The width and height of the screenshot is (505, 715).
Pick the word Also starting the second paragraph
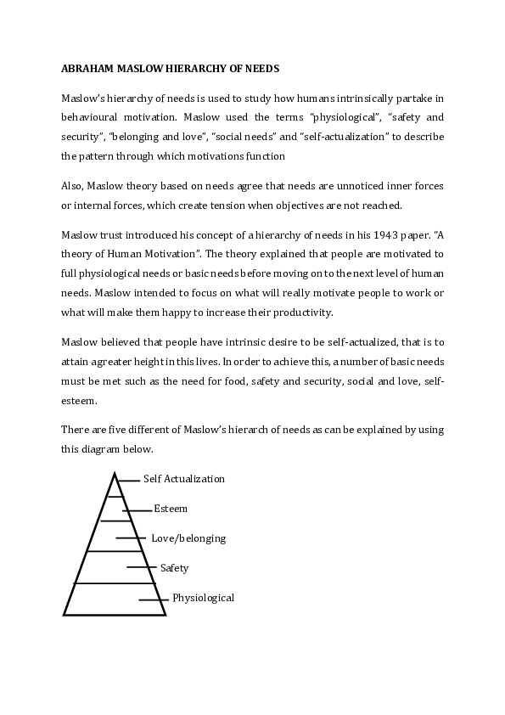72,185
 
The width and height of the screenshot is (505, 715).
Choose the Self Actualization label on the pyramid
184,479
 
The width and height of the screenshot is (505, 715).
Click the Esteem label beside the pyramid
171,509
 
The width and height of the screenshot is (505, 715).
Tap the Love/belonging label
188,538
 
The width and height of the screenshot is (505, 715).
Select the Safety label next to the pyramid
174,568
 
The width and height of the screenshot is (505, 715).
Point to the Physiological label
203,598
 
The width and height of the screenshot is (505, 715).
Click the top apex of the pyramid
114,473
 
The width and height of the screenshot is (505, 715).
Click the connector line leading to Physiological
153,600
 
